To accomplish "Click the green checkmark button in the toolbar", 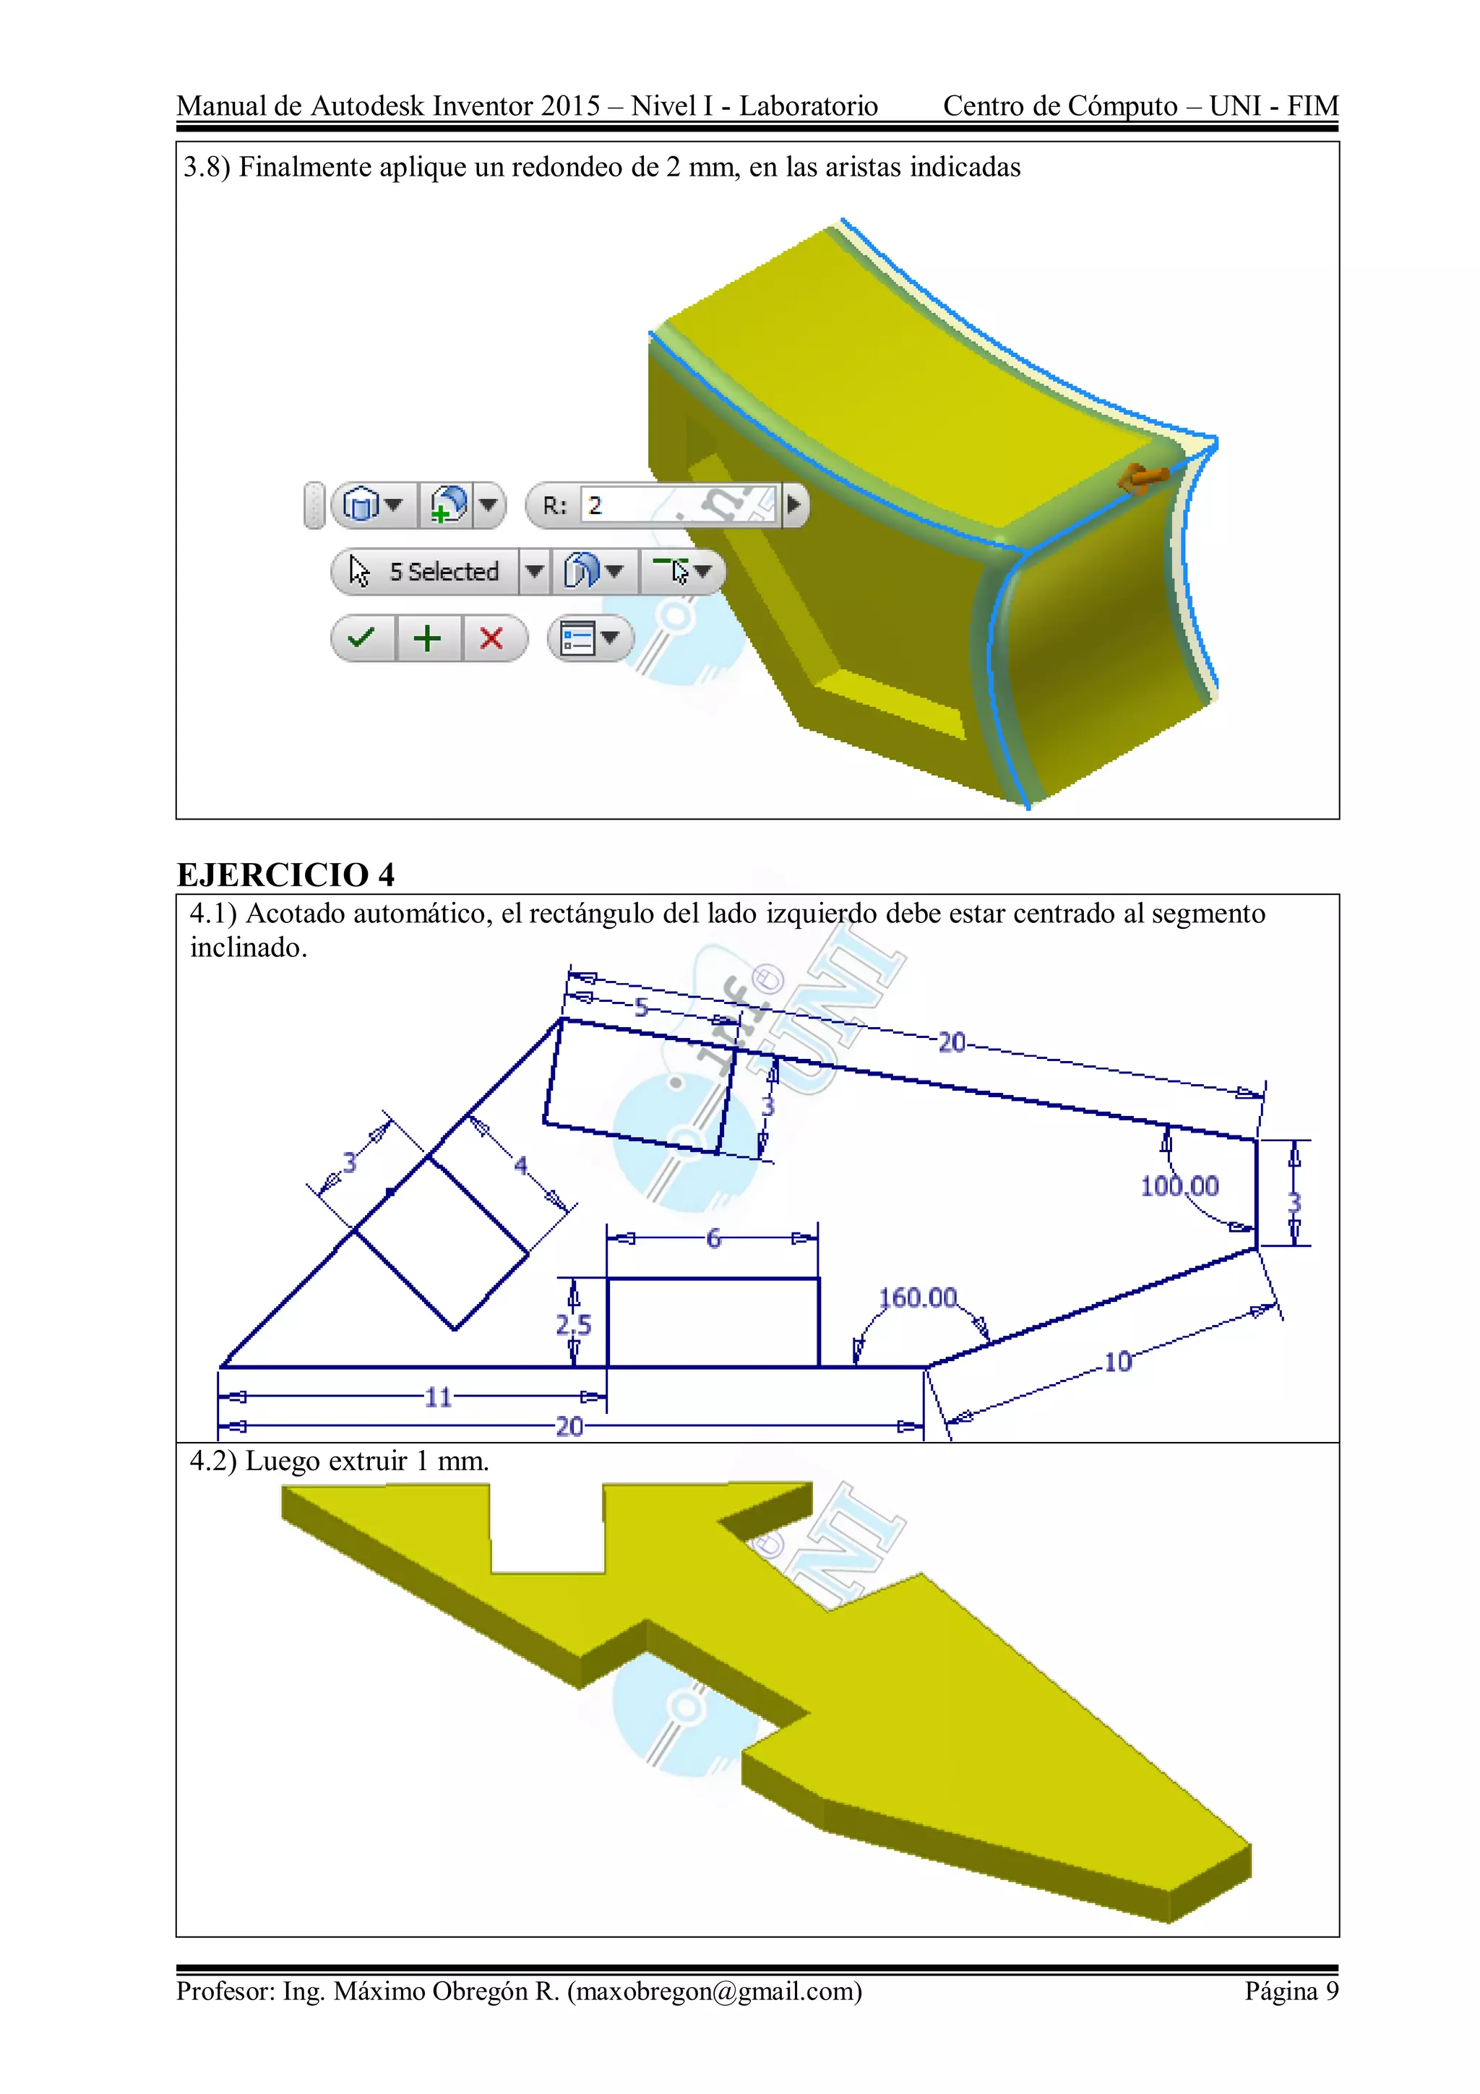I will [x=362, y=638].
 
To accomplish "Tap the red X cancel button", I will [x=491, y=638].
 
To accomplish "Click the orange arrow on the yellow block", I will [x=1143, y=478].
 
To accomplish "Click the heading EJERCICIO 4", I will [x=285, y=875].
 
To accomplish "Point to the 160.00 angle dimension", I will [x=917, y=1297].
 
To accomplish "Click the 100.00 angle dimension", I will [x=1179, y=1185].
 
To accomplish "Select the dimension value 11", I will [x=438, y=1397].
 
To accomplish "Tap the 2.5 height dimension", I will [x=574, y=1324].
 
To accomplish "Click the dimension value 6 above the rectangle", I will [x=713, y=1237].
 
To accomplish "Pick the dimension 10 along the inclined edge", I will [x=1117, y=1363].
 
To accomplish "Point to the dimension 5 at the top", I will [x=641, y=1007].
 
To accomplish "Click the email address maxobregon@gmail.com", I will [x=714, y=1991].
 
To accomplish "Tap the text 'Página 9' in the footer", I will [x=1291, y=1991].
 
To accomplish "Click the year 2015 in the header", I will [x=570, y=106].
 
